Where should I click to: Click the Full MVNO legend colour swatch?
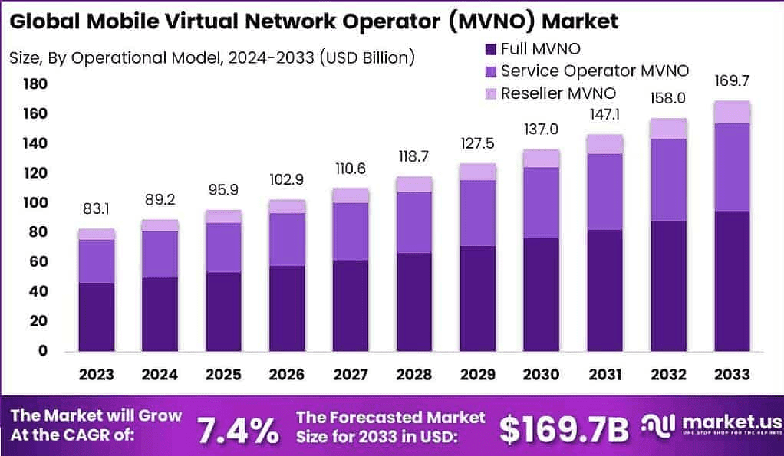tap(491, 50)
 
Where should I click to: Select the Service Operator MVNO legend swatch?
tap(491, 72)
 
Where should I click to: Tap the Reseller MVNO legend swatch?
tap(491, 94)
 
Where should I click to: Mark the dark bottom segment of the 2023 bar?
tap(96, 317)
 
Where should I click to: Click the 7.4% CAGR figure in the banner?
tap(239, 431)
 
